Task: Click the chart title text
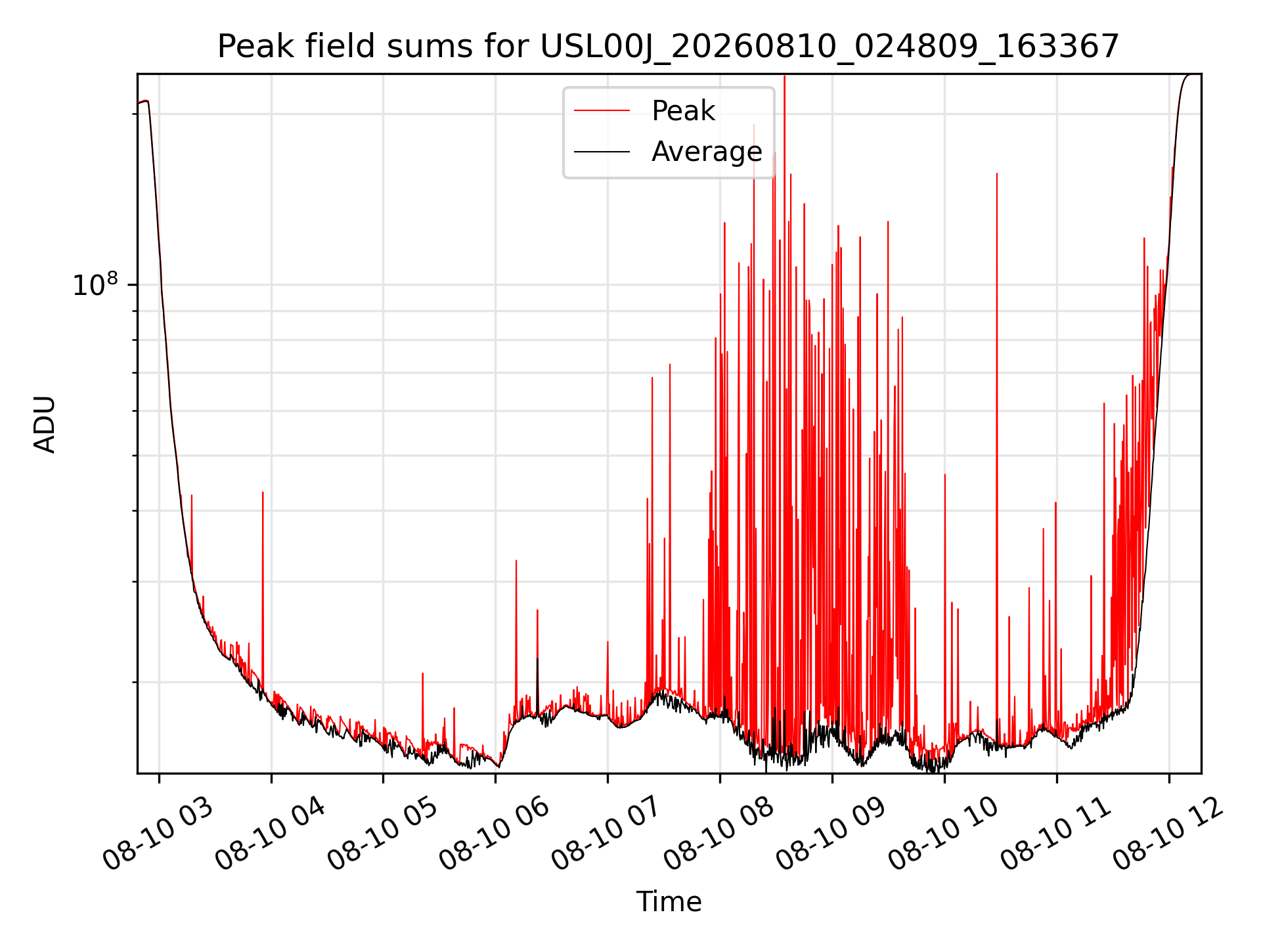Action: [668, 47]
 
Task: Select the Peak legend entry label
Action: [683, 111]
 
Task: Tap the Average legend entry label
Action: [707, 152]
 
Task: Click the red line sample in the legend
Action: [602, 111]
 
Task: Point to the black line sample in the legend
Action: [602, 152]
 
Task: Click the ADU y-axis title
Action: [45, 424]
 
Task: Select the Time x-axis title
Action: [669, 902]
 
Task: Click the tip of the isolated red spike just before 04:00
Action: [263, 492]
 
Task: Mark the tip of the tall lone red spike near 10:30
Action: [997, 173]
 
